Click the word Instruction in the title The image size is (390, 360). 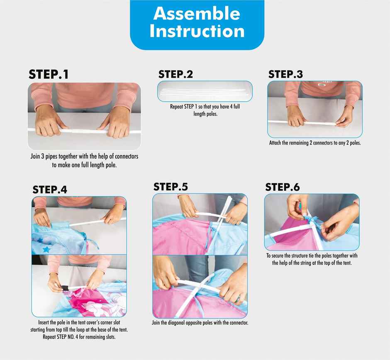click(x=197, y=31)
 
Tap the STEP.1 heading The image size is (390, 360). click(x=49, y=74)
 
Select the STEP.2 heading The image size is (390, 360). click(x=175, y=74)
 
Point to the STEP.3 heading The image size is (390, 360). click(x=285, y=74)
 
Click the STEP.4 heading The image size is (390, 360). click(x=50, y=190)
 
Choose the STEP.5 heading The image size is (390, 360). click(x=171, y=187)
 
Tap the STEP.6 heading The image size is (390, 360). click(x=283, y=187)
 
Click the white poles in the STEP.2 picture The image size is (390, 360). click(x=204, y=91)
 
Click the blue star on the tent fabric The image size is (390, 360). click(x=46, y=249)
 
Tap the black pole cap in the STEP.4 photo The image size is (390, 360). click(x=65, y=288)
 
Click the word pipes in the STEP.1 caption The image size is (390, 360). click(x=52, y=157)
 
